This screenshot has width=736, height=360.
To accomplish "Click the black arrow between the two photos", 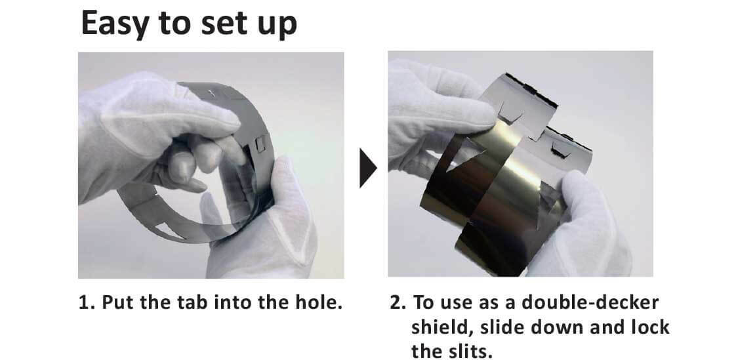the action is pyautogui.click(x=368, y=168).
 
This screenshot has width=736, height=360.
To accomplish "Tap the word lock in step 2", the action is pyautogui.click(x=649, y=327).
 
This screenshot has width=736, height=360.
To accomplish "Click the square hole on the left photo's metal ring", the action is pyautogui.click(x=260, y=143).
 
